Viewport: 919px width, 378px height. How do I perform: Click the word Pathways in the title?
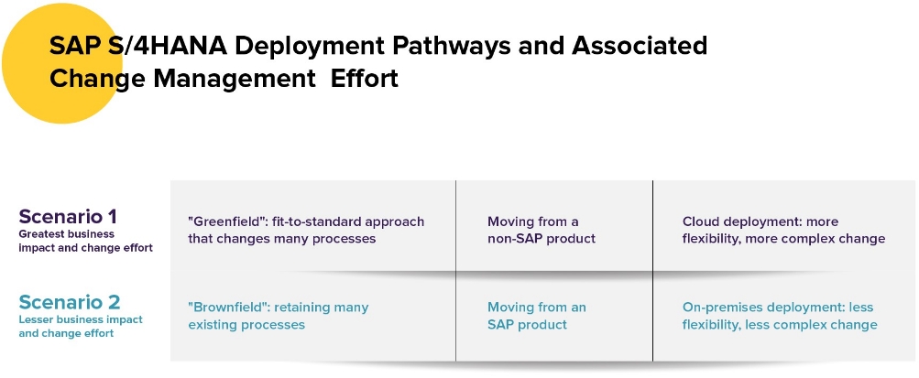451,46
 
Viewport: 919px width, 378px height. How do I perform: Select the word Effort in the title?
365,78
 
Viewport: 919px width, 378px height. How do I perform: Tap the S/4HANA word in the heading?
167,46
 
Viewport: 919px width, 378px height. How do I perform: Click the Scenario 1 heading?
68,217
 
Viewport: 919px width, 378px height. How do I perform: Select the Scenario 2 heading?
69,302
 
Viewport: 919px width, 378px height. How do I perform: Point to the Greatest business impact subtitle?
85,241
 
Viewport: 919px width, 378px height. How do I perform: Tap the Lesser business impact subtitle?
81,327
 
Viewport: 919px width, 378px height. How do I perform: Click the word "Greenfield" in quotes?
227,221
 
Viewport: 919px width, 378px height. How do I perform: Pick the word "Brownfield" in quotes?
228,308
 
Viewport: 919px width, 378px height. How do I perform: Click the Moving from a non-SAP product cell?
542,230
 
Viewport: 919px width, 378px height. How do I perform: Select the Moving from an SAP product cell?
536,316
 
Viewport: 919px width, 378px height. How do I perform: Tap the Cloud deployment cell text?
783,230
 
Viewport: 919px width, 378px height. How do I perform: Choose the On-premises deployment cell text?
780,316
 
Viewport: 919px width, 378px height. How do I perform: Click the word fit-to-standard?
316,221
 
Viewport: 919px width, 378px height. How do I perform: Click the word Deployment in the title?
310,46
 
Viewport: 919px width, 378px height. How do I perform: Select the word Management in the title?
235,78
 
